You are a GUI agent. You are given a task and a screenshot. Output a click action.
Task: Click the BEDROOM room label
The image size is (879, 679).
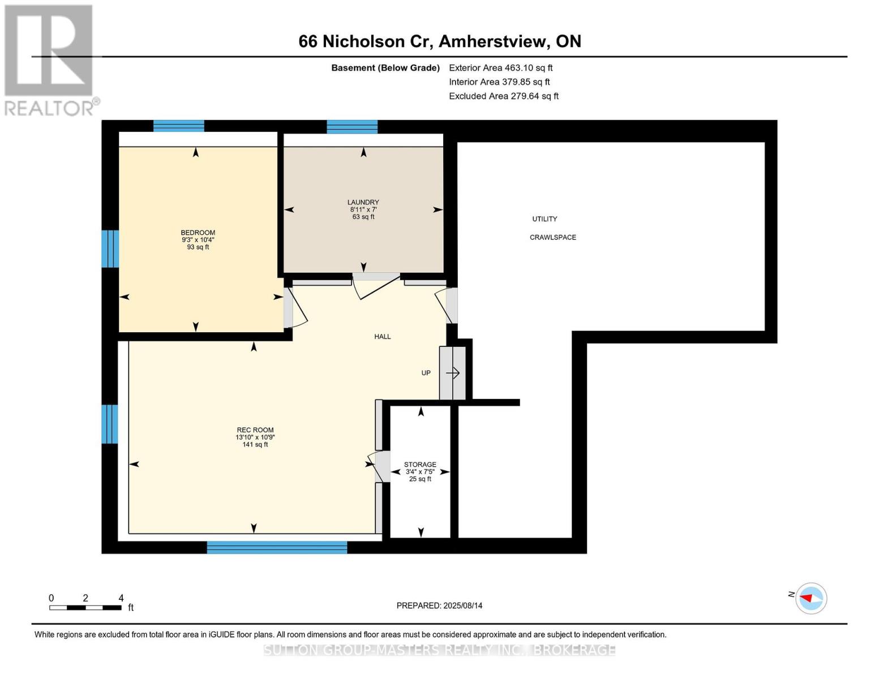click(x=198, y=233)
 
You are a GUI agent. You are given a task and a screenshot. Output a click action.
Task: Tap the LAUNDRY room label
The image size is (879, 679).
click(x=363, y=203)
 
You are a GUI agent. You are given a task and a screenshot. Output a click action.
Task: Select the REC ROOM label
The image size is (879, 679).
click(x=255, y=430)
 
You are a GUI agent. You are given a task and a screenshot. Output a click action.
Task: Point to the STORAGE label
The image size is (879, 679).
click(x=420, y=465)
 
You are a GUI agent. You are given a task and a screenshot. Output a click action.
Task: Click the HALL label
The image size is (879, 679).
click(x=382, y=337)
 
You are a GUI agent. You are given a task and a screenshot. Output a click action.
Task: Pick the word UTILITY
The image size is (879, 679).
click(x=544, y=219)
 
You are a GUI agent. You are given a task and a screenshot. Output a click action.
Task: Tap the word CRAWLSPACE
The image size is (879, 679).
click(x=552, y=238)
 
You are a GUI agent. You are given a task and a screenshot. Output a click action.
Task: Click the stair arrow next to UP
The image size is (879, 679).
click(x=453, y=373)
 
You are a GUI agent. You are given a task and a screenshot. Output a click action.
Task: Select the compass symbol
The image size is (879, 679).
click(x=811, y=598)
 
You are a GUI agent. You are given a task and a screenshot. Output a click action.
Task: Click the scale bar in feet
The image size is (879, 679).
click(x=85, y=607)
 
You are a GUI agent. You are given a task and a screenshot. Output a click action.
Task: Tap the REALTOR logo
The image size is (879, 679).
click(x=50, y=59)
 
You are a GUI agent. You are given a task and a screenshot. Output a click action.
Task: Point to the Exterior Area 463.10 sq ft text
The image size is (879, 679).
click(x=500, y=68)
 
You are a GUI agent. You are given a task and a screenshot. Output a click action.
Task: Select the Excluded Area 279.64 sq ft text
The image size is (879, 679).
click(x=503, y=96)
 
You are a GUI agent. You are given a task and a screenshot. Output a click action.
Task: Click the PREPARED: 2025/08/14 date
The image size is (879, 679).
click(x=439, y=605)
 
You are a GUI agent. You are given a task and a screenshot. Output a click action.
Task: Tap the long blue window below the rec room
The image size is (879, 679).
click(x=277, y=547)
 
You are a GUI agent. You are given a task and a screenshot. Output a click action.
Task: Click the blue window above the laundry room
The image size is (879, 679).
click(x=352, y=126)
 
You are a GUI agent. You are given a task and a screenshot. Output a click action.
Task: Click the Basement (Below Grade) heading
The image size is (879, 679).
click(x=385, y=68)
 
